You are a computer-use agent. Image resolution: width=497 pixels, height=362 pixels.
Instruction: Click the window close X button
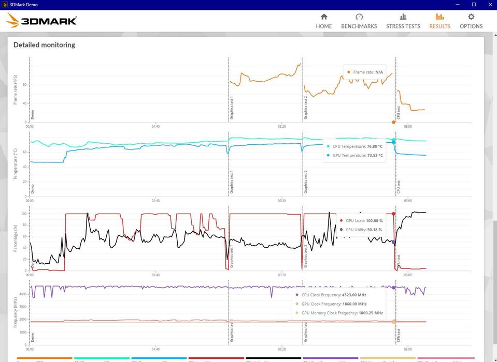click(x=487, y=5)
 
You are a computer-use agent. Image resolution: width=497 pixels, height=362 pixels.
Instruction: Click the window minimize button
click(x=440, y=5)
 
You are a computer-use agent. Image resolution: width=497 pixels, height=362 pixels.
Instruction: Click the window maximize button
click(x=463, y=5)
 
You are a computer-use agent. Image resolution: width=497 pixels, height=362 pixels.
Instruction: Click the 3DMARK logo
click(x=42, y=21)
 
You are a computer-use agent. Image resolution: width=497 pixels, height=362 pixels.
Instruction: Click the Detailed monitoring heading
click(x=44, y=45)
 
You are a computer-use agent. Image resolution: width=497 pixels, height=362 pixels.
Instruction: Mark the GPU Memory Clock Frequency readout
click(x=342, y=313)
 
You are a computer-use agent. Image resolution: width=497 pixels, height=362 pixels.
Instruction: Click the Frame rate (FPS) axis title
click(x=16, y=90)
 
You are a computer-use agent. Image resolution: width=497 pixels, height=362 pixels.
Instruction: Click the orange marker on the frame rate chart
click(x=393, y=122)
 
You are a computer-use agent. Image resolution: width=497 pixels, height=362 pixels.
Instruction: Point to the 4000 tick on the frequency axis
click(x=23, y=294)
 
